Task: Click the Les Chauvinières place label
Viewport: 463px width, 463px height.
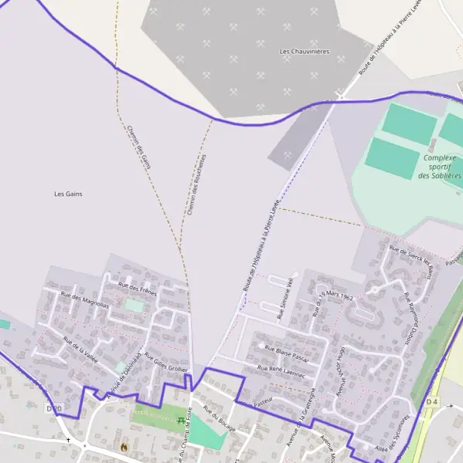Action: pyautogui.click(x=304, y=52)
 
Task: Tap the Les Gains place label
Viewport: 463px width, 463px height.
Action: pyautogui.click(x=68, y=194)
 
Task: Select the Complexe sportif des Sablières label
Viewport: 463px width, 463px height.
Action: pyautogui.click(x=440, y=166)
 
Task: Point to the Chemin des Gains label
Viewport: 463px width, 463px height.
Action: pyautogui.click(x=138, y=147)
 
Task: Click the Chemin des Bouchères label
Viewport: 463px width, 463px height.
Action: pyautogui.click(x=197, y=184)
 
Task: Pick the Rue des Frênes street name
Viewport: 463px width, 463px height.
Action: pyautogui.click(x=137, y=289)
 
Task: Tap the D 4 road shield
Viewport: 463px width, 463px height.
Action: pyautogui.click(x=431, y=403)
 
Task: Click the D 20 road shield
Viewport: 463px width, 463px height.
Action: pyautogui.click(x=53, y=408)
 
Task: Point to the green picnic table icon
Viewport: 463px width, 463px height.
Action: pyautogui.click(x=181, y=421)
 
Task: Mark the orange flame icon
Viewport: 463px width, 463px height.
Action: pyautogui.click(x=123, y=446)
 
